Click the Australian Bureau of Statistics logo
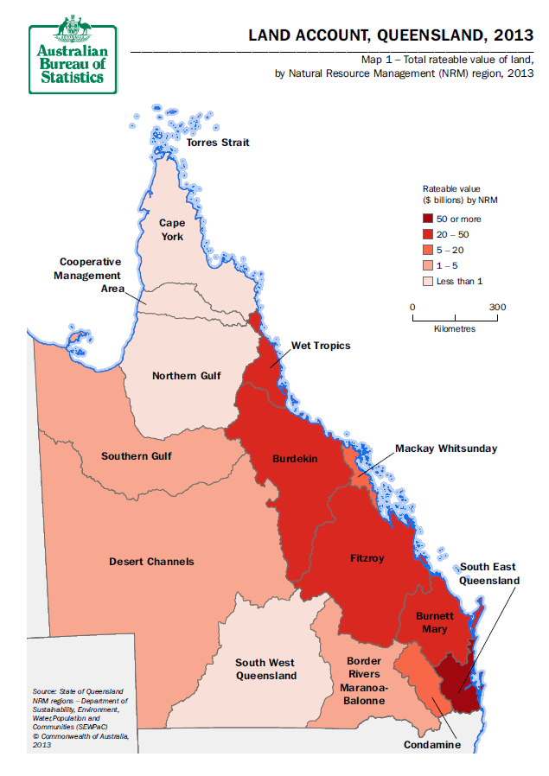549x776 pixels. (x=73, y=54)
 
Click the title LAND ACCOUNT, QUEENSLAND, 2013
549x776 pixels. (x=391, y=35)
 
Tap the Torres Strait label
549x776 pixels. (x=218, y=142)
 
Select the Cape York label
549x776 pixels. (x=171, y=230)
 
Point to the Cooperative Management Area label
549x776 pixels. (x=90, y=275)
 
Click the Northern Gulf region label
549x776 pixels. (x=186, y=376)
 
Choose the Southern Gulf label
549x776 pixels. (x=137, y=456)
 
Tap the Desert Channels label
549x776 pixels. (x=151, y=562)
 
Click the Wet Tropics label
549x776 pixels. (x=321, y=346)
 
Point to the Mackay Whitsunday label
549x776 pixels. (x=446, y=449)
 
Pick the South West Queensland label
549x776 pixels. (x=266, y=670)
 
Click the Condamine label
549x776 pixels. (x=432, y=745)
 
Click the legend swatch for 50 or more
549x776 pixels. (x=427, y=219)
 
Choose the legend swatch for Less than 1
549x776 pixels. (x=427, y=282)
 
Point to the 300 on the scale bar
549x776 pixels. (x=497, y=307)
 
